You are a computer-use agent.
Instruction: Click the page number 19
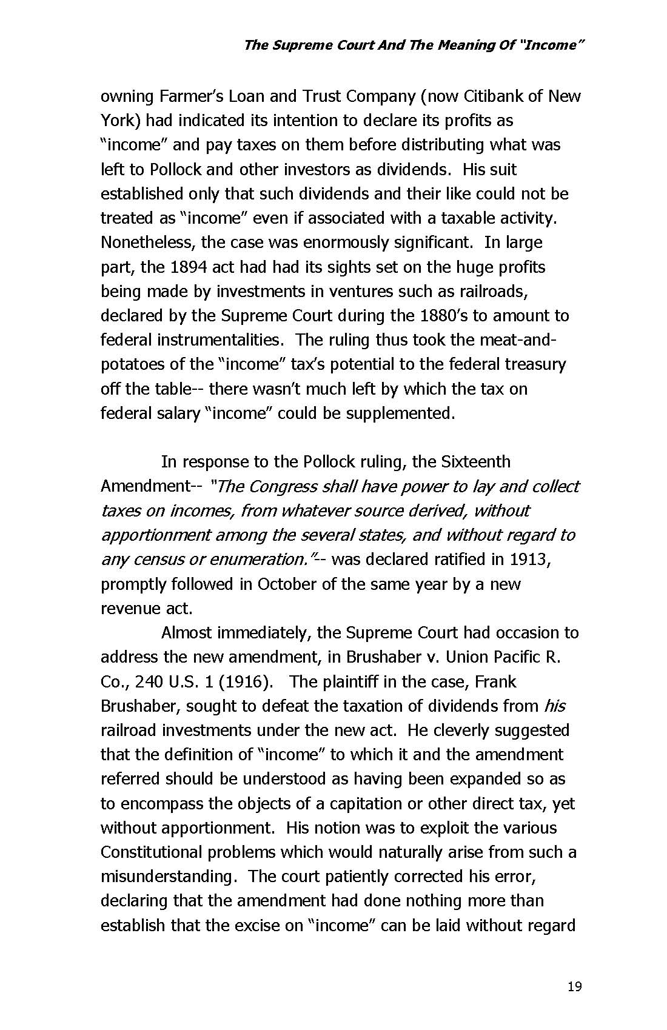tap(574, 986)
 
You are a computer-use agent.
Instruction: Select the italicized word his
tap(555, 706)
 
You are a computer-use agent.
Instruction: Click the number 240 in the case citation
tap(148, 681)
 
